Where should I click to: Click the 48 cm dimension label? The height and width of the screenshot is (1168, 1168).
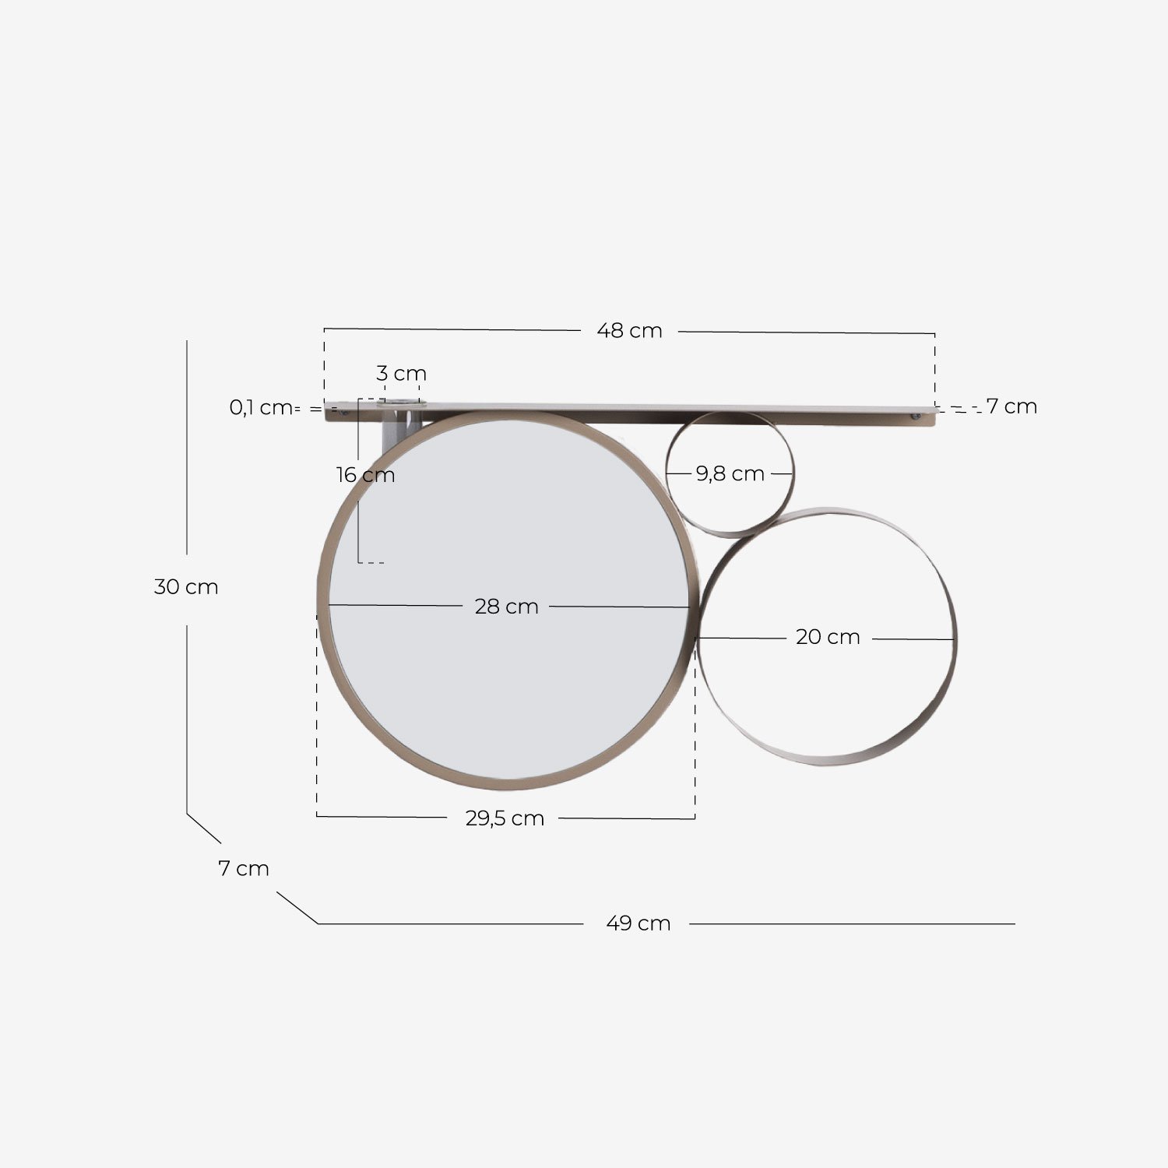[x=629, y=331]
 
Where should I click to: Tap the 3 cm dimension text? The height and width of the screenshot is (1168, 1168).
[x=401, y=374]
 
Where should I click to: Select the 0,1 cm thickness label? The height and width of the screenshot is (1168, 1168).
[x=260, y=407]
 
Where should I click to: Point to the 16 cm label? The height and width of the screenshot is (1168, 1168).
[x=365, y=475]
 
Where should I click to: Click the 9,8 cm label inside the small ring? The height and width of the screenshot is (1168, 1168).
[x=730, y=473]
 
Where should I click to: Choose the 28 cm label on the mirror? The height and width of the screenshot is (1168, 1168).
[x=506, y=607]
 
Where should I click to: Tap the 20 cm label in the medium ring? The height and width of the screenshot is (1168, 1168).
[x=828, y=637]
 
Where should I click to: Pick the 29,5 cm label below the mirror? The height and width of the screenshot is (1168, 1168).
[x=505, y=818]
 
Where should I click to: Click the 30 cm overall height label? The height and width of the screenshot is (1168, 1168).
[x=186, y=587]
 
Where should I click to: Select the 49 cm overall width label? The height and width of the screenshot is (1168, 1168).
[x=638, y=923]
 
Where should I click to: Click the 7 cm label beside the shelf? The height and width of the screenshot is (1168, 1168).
[x=1011, y=406]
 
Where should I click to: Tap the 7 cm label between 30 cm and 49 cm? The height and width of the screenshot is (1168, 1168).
[x=244, y=868]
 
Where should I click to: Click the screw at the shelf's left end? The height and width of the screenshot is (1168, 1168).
[x=343, y=415]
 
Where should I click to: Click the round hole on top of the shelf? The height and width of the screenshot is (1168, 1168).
[x=399, y=403]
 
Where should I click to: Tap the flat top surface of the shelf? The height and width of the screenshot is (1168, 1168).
[x=623, y=407]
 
